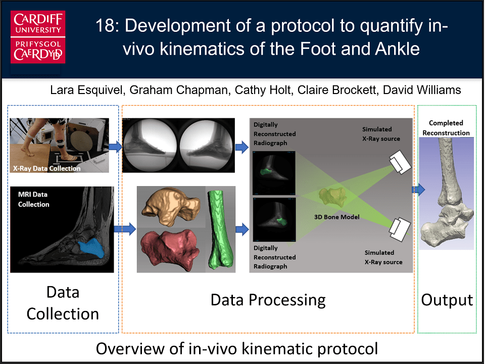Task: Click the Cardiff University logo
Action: [x=38, y=37]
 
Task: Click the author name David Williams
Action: [x=422, y=90]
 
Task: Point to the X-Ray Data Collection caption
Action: [x=46, y=168]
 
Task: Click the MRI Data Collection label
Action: [x=33, y=199]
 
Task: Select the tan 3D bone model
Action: [x=171, y=206]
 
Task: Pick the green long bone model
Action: [x=220, y=230]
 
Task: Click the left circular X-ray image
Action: [x=151, y=146]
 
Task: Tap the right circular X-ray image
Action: [x=206, y=146]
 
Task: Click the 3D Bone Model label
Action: [x=337, y=217]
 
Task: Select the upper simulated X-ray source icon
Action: [x=400, y=162]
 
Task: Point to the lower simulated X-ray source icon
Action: [x=400, y=229]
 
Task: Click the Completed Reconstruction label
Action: [x=446, y=128]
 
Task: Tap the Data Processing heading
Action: [x=268, y=300]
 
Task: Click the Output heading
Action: [x=447, y=300]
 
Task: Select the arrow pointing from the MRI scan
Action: [x=125, y=229]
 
